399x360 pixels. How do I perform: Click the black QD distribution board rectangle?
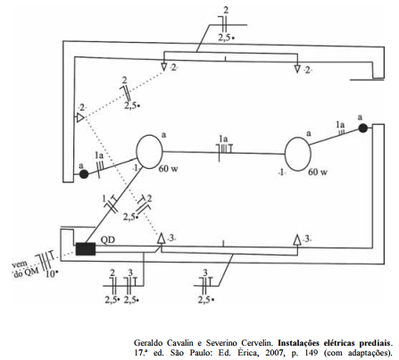pos(86,249)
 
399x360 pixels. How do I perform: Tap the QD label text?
pos(108,239)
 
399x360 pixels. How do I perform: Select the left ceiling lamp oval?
pos(149,152)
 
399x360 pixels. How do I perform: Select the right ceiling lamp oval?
pos(298,154)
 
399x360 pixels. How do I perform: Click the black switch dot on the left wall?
pos(84,174)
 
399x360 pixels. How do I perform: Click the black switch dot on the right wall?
pos(362,129)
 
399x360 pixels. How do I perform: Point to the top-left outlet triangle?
pos(163,67)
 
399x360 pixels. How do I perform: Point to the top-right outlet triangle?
pos(297,69)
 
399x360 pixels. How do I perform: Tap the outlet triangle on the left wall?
pos(80,117)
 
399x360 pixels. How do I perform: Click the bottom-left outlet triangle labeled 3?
pos(161,239)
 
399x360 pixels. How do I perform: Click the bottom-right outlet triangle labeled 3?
pos(297,239)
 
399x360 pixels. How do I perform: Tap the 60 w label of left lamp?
pos(168,169)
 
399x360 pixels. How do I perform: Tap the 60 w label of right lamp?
pos(318,172)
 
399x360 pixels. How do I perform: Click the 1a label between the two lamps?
pos(223,138)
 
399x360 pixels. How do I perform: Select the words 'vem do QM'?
pos(24,269)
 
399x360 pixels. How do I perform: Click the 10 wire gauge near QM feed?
pos(51,273)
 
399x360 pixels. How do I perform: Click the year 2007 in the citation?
pos(274,353)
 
